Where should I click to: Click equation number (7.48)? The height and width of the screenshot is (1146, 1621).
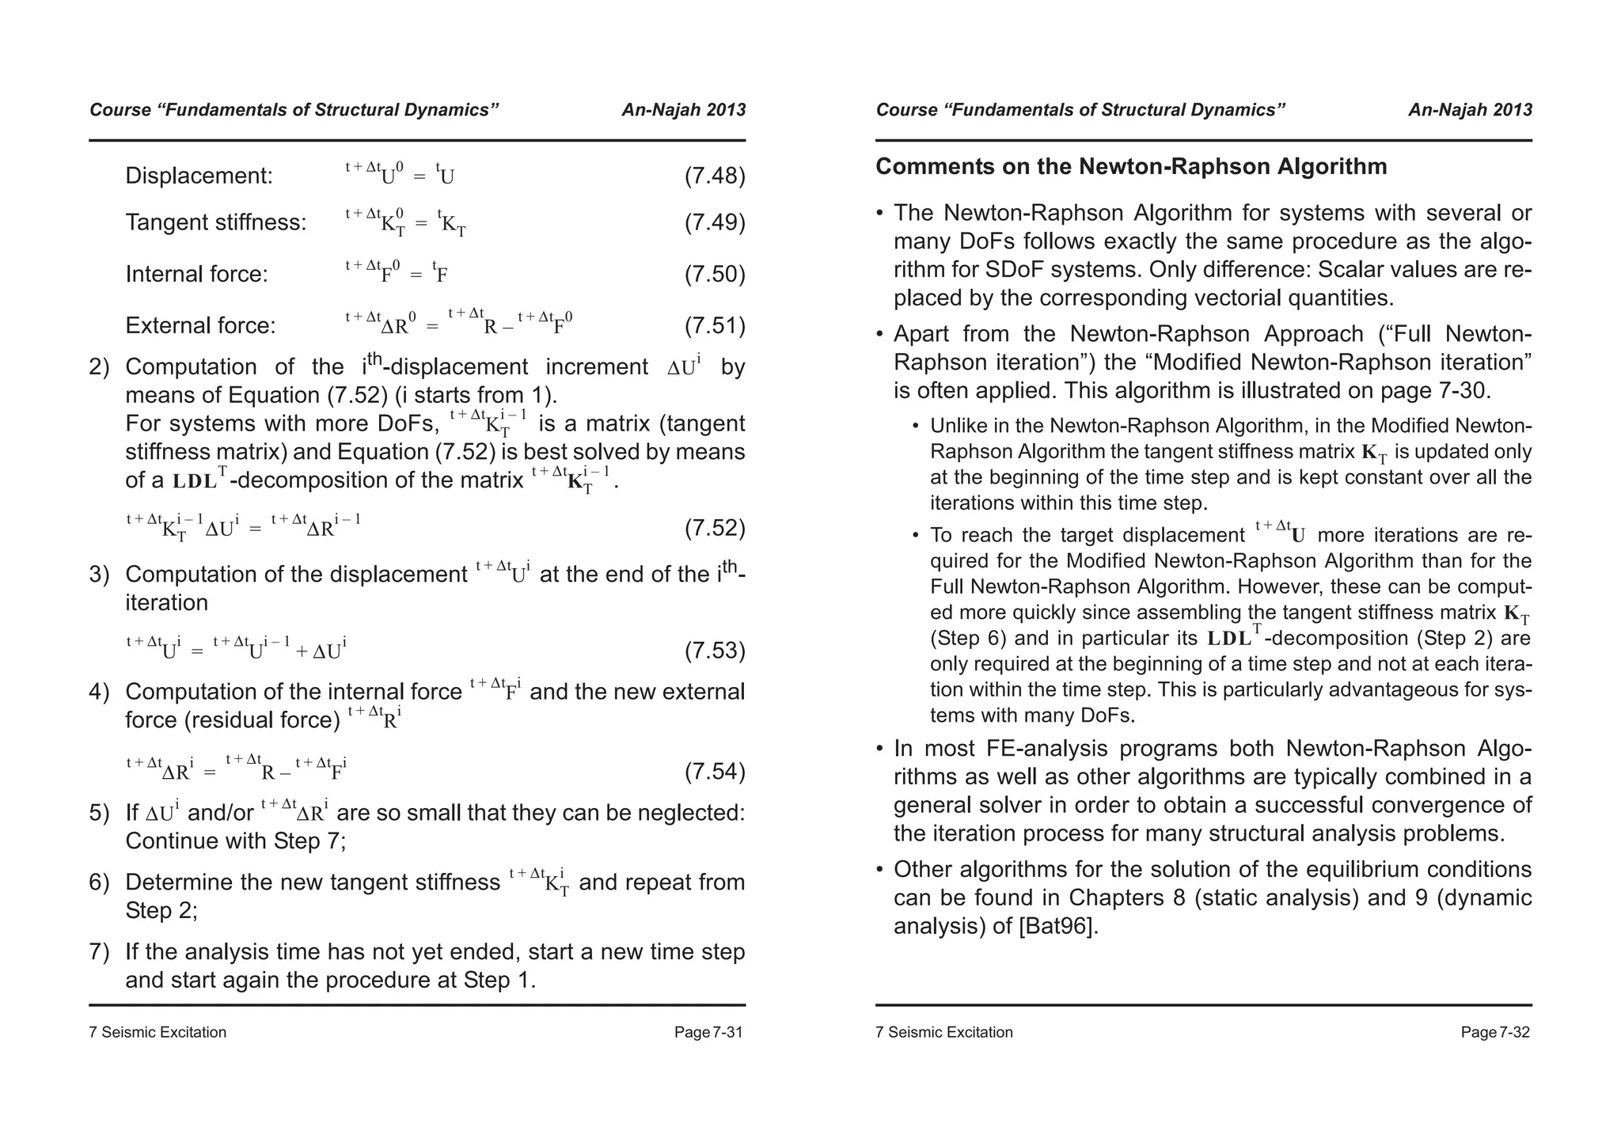click(714, 176)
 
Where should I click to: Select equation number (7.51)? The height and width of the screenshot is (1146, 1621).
click(714, 325)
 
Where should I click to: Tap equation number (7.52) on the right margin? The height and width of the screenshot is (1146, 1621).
click(714, 528)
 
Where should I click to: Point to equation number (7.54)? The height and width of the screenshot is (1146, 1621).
click(714, 771)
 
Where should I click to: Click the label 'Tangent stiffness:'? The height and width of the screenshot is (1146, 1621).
click(216, 222)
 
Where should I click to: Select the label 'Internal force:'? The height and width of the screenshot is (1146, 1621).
click(196, 274)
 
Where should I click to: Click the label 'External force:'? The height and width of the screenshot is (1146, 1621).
click(200, 325)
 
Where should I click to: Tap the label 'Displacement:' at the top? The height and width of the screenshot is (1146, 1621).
click(199, 176)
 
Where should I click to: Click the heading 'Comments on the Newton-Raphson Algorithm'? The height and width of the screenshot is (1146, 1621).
click(1131, 167)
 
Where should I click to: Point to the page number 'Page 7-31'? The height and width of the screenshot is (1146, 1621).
click(708, 1032)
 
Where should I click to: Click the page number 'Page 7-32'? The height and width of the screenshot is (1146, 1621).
click(1494, 1032)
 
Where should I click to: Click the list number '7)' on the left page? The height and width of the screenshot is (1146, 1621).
click(99, 952)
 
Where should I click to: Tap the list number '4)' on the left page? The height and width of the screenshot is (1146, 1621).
click(99, 693)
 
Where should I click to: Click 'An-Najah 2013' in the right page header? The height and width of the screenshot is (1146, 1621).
click(1470, 110)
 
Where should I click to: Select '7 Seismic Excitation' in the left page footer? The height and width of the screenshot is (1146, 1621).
click(158, 1032)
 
